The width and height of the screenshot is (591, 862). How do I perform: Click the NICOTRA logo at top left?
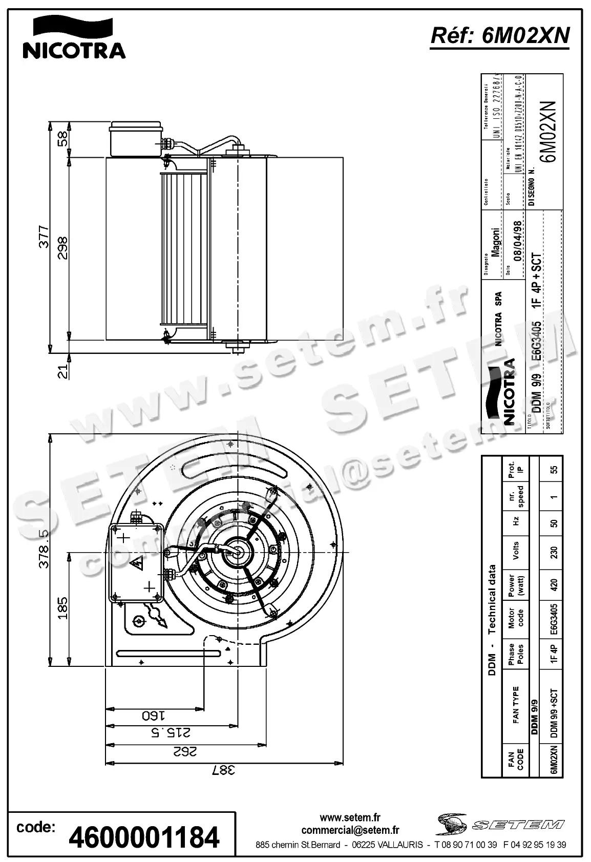coord(74,37)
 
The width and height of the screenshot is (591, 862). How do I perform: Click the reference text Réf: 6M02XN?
coord(500,36)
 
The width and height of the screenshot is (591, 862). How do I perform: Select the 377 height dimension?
coord(45,237)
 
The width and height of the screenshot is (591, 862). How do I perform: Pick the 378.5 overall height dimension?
coord(45,549)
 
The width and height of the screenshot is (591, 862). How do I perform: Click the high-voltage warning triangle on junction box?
coord(136,565)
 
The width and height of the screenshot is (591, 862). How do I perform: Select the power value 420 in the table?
coord(553,584)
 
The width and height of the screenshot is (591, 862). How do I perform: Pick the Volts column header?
coord(516,551)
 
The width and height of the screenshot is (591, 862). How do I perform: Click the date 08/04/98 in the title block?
coord(518,240)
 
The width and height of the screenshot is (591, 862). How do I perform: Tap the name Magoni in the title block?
coord(495,242)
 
